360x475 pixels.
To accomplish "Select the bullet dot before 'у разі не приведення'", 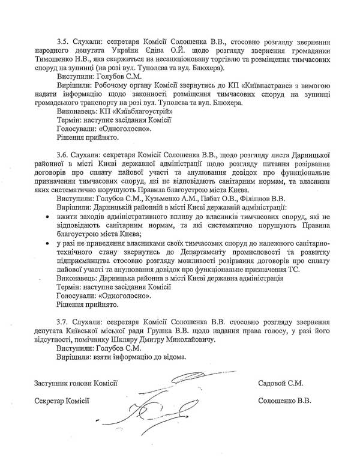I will (x=47, y=244).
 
